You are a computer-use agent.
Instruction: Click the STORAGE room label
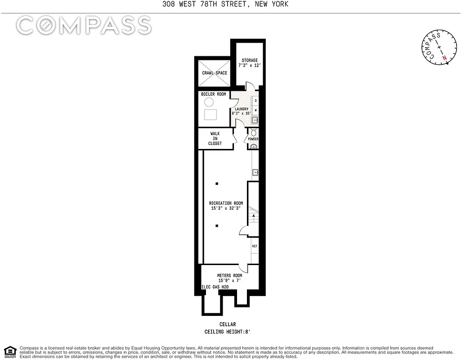pyautogui.click(x=250, y=60)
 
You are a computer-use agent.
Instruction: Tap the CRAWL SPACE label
pyautogui.click(x=215, y=73)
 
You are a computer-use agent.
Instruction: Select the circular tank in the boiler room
pyautogui.click(x=210, y=102)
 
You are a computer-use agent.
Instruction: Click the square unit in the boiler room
pyautogui.click(x=210, y=115)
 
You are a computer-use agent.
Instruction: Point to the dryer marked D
pyautogui.click(x=255, y=101)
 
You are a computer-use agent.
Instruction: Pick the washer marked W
pyautogui.click(x=255, y=110)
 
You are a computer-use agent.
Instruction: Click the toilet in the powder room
pyautogui.click(x=254, y=132)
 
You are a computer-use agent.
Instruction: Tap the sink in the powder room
pyautogui.click(x=254, y=146)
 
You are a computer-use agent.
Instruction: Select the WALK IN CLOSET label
pyautogui.click(x=215, y=138)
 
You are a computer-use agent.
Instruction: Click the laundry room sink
pyautogui.click(x=255, y=120)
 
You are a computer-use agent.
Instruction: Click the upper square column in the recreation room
pyautogui.click(x=217, y=184)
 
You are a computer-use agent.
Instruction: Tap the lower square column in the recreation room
pyautogui.click(x=217, y=225)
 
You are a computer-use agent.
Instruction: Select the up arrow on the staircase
pyautogui.click(x=254, y=216)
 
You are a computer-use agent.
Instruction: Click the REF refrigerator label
pyautogui.click(x=255, y=246)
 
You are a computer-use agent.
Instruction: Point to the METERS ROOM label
pyautogui.click(x=229, y=275)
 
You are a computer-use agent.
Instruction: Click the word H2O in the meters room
pyautogui.click(x=225, y=287)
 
